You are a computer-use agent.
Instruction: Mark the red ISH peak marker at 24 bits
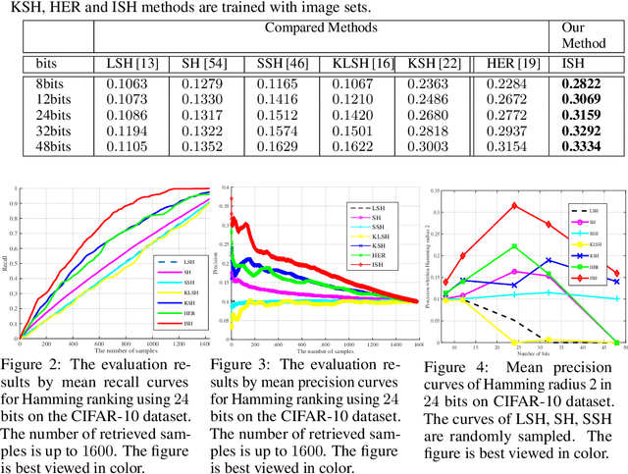[x=514, y=206]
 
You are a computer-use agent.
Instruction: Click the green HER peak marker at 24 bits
[x=514, y=246]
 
